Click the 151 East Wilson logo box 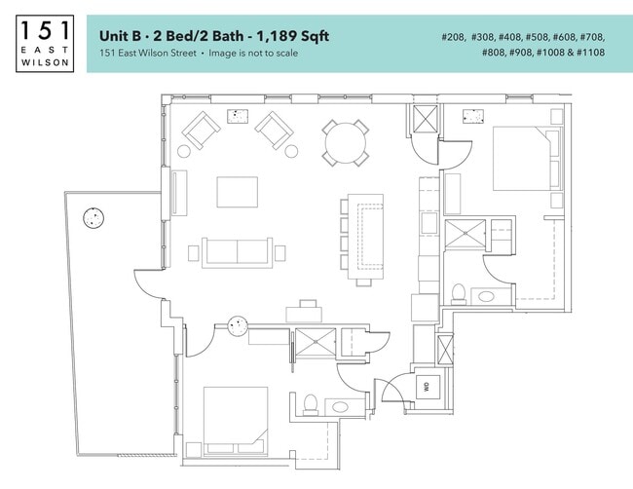pyautogui.click(x=45, y=43)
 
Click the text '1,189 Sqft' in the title pyautogui.click(x=289, y=36)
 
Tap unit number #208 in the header pyautogui.click(x=454, y=37)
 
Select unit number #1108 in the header pyautogui.click(x=587, y=53)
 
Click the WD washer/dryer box pyautogui.click(x=426, y=387)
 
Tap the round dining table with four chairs pyautogui.click(x=345, y=141)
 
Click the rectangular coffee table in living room pyautogui.click(x=238, y=190)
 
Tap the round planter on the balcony pyautogui.click(x=93, y=218)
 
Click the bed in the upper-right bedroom pyautogui.click(x=524, y=159)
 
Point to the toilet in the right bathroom pyautogui.click(x=458, y=292)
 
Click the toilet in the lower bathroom pyautogui.click(x=311, y=402)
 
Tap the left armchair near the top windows pyautogui.click(x=202, y=129)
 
